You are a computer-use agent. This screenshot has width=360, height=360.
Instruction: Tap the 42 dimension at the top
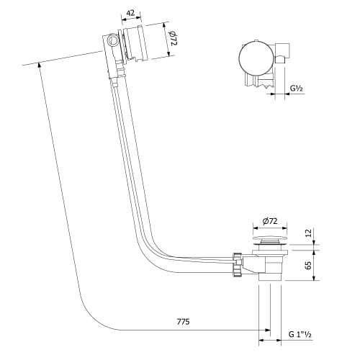(x=130, y=14)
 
